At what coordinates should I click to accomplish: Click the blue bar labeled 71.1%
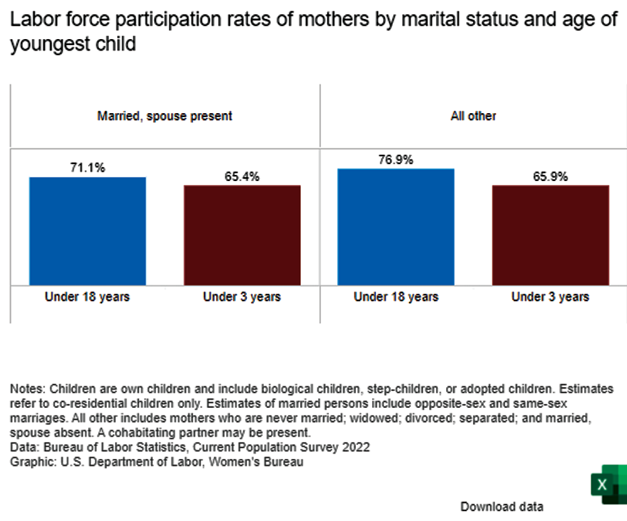click(87, 231)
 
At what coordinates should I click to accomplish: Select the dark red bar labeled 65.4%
click(242, 235)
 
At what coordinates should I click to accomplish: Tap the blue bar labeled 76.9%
click(396, 227)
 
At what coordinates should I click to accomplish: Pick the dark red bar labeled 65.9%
click(550, 235)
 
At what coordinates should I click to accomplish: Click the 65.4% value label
click(242, 177)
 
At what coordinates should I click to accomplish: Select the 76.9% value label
click(396, 160)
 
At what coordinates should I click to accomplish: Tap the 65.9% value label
click(550, 177)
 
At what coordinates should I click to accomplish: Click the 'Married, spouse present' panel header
click(165, 116)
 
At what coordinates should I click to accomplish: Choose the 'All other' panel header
click(473, 116)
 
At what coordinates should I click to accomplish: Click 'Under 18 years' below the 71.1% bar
click(87, 297)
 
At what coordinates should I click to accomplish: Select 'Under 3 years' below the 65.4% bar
click(242, 297)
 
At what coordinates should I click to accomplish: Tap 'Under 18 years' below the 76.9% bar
click(396, 297)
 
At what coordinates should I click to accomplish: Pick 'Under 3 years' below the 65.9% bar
click(550, 297)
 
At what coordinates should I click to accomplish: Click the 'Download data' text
click(502, 506)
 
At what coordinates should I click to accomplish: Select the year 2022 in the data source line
click(357, 448)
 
